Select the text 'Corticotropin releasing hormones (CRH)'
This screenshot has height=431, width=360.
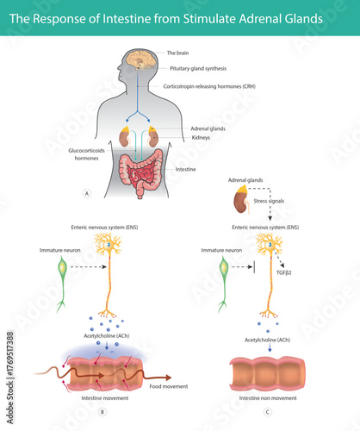coord(214,87)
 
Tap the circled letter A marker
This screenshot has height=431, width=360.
coord(85,193)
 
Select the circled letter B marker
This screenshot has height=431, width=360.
coord(102,413)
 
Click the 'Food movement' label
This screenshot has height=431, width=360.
coord(168,386)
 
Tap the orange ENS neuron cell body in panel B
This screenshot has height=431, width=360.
coord(108,247)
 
